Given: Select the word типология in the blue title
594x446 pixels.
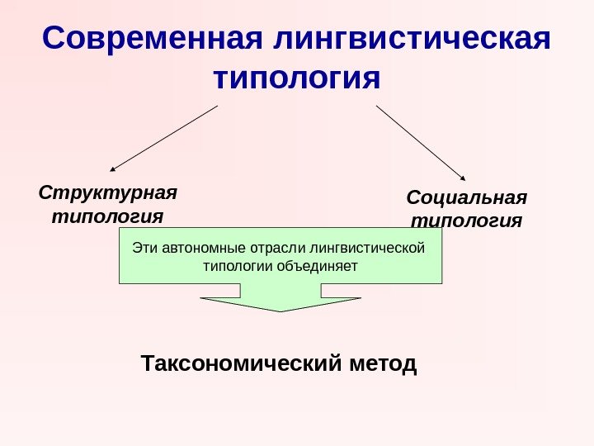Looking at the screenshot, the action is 297,80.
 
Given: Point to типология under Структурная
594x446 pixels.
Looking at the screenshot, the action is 107,216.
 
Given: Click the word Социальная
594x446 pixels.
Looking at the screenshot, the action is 467,198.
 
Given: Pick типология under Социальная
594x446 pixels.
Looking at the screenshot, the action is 467,221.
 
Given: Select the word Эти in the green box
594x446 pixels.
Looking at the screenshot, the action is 144,247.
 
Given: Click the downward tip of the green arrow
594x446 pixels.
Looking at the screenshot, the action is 281,311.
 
